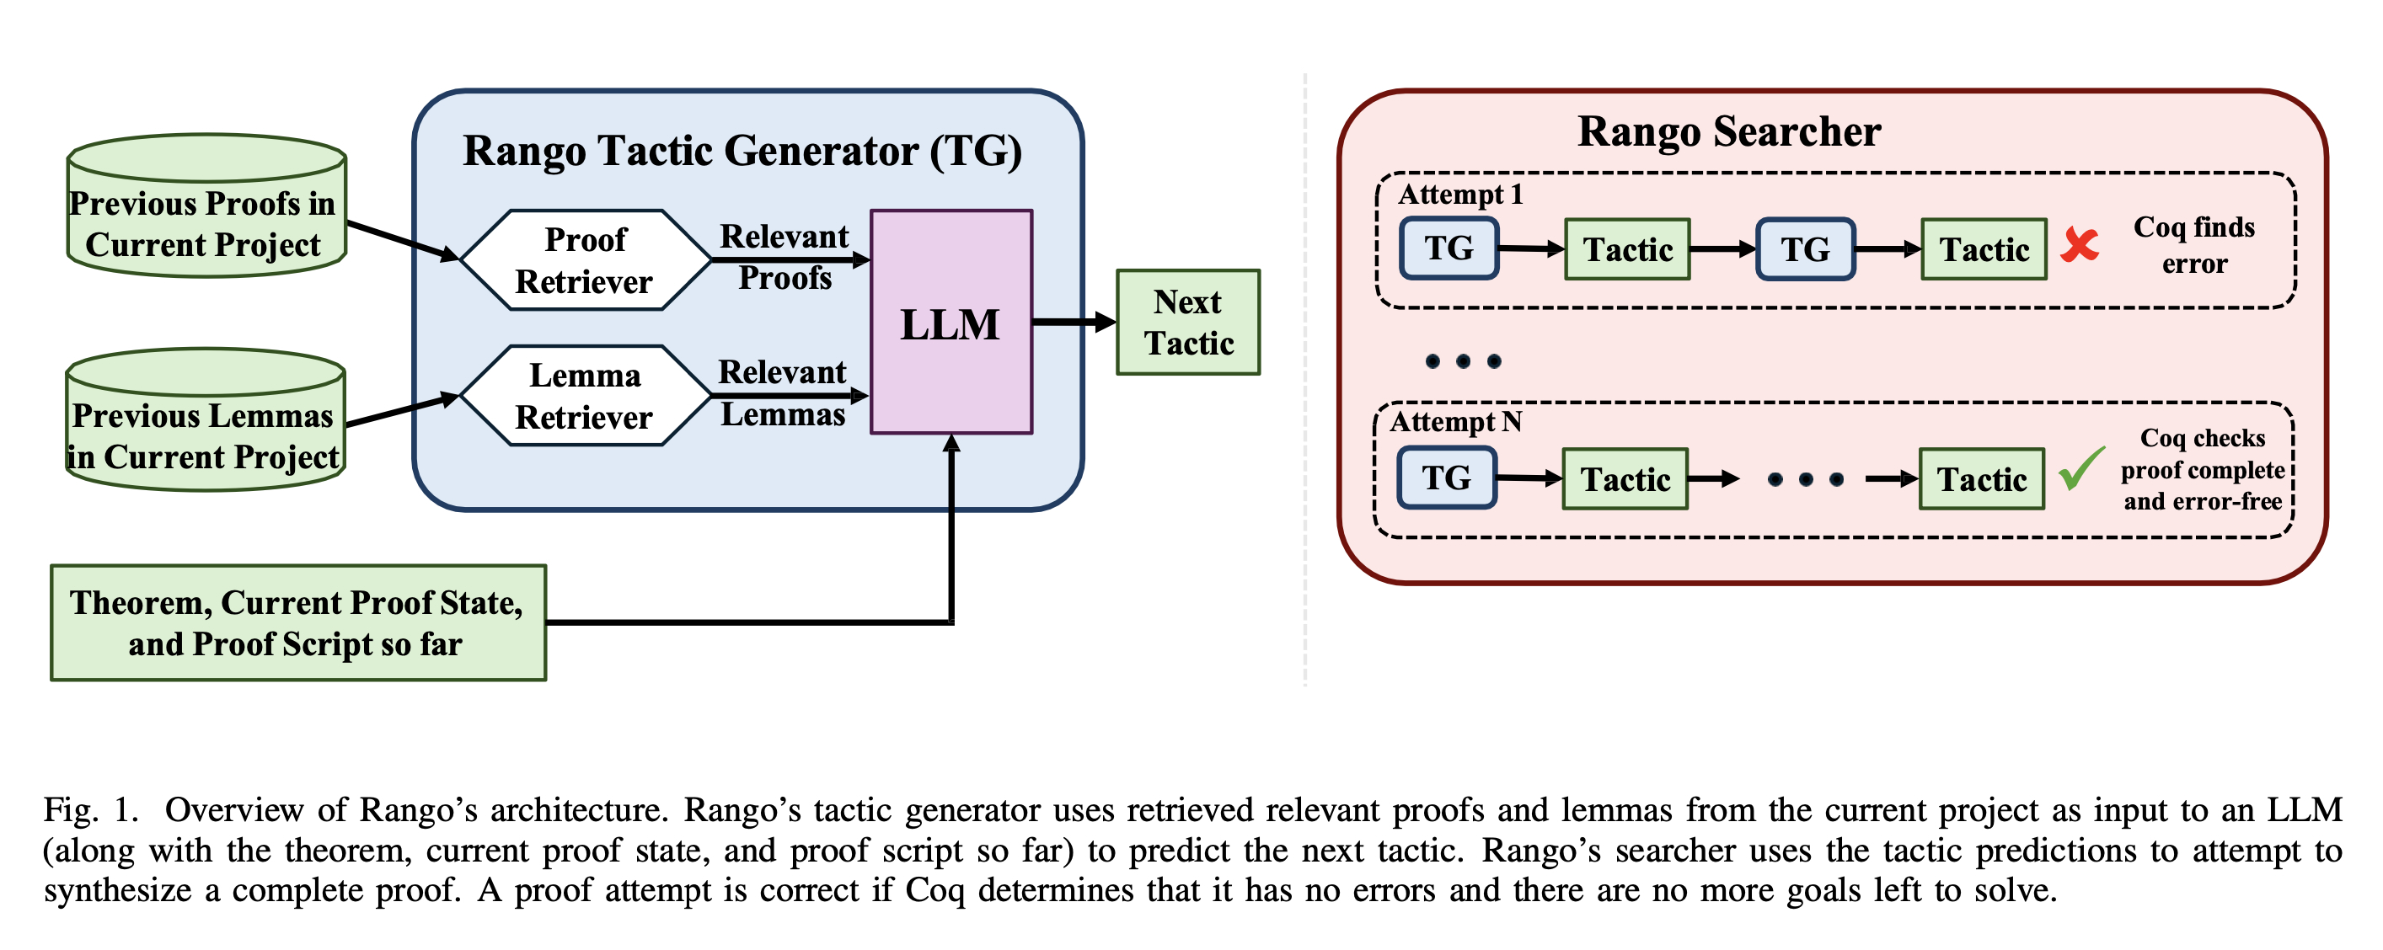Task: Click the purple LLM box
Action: tap(951, 322)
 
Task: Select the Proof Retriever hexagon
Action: tap(585, 260)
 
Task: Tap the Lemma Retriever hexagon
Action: tap(585, 396)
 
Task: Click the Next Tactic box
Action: tap(1188, 322)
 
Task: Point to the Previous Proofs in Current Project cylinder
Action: tap(206, 213)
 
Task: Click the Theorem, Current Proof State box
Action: tap(298, 622)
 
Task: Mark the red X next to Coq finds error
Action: tap(2080, 245)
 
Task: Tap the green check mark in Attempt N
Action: tap(2080, 469)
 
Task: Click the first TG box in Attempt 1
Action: tap(1449, 248)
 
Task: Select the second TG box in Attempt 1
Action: tap(1805, 248)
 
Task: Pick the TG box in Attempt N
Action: tap(1446, 478)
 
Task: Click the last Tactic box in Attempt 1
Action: tap(1984, 248)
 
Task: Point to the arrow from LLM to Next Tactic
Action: tap(1073, 322)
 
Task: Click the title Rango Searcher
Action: tap(1728, 131)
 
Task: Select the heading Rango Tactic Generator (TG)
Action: tap(742, 151)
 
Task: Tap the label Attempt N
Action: tap(1455, 422)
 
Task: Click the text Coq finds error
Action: tap(2193, 245)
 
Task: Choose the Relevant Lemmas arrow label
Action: tap(783, 393)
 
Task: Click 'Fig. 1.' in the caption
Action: tap(91, 810)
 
